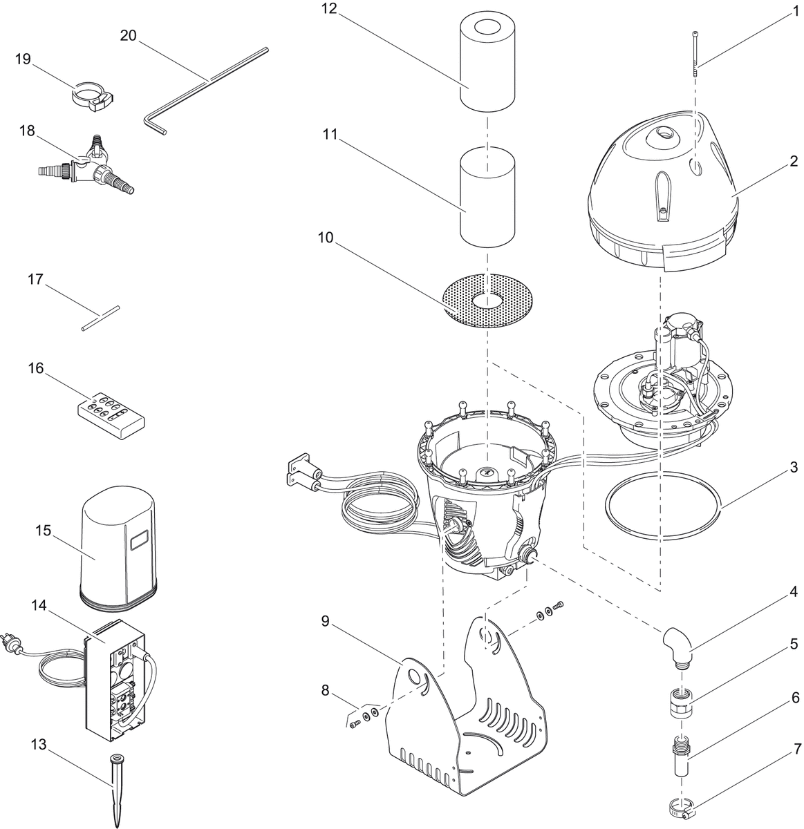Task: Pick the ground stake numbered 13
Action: click(114, 788)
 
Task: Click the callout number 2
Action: click(794, 162)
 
